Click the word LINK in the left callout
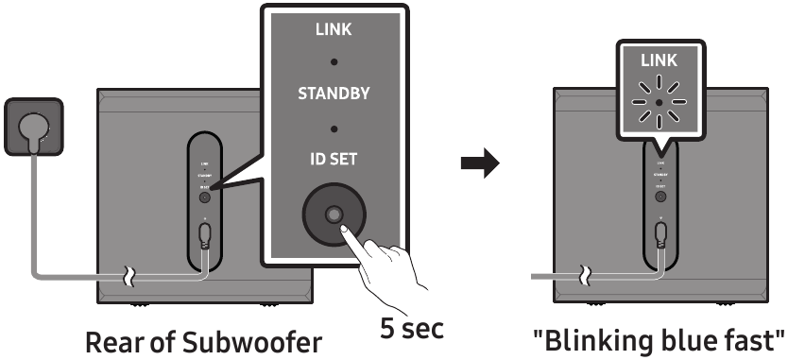(x=334, y=30)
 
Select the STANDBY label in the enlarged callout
(x=334, y=94)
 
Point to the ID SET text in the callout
(x=334, y=159)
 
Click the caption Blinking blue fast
(x=658, y=338)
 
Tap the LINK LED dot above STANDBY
(x=334, y=62)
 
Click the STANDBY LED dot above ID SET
(x=334, y=127)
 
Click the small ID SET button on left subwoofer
(x=204, y=197)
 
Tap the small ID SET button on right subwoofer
(x=659, y=197)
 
